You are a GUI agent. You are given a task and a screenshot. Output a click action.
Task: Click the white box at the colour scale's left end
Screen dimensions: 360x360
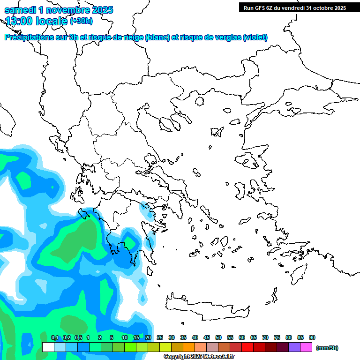pyautogui.click(x=48, y=347)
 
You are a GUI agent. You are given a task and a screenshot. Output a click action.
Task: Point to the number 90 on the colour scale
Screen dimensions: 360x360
pyautogui.click(x=312, y=337)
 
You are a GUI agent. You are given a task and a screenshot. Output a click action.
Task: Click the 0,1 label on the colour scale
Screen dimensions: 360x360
pyautogui.click(x=55, y=337)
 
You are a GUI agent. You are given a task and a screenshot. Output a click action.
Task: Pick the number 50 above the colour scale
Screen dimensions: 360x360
pyautogui.click(x=218, y=337)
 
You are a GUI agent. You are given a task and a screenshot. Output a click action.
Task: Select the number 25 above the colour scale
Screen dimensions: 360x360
pyautogui.click(x=160, y=337)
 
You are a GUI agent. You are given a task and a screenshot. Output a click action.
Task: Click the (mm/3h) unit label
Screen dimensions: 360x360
pyautogui.click(x=327, y=348)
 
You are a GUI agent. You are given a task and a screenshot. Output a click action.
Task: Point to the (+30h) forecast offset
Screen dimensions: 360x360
pyautogui.click(x=81, y=21)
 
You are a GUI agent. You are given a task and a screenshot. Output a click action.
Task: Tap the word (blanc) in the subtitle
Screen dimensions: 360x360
pyautogui.click(x=157, y=37)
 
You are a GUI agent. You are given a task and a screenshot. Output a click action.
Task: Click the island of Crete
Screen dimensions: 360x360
pyautogui.click(x=206, y=307)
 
